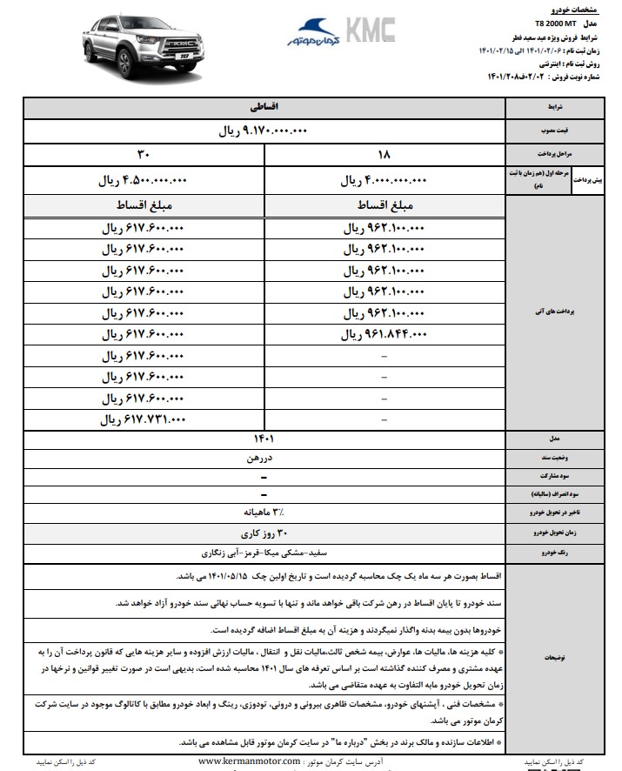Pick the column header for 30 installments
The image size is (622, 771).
144,156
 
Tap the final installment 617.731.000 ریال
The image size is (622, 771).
144,419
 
